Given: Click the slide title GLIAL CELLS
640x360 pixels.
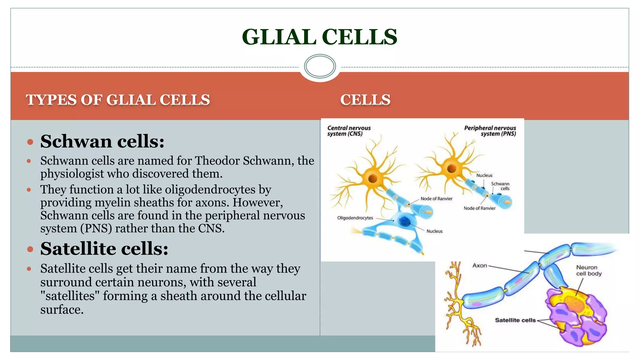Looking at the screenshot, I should (319, 37).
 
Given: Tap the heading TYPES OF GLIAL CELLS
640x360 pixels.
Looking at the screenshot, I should (118, 100).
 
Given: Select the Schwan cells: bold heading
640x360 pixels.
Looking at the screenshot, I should (102, 141).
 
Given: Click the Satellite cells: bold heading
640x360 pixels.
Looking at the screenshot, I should (104, 249).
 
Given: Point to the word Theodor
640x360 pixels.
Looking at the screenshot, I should (217, 161).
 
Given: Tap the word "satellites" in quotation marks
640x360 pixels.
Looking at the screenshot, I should (70, 296).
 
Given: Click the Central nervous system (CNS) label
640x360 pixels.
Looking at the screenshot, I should (349, 131).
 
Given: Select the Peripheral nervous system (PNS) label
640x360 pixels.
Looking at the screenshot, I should (490, 131).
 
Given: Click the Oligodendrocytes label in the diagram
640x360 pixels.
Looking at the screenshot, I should (355, 218).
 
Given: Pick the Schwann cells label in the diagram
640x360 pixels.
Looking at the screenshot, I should (501, 186).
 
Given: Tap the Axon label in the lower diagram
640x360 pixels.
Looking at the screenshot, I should (480, 266).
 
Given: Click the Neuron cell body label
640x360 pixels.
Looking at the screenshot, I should (589, 270).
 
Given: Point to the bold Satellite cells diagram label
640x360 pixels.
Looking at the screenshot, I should (515, 320).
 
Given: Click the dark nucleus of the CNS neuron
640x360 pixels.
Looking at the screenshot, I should (372, 178).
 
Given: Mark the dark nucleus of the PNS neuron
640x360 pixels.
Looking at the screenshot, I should (452, 169).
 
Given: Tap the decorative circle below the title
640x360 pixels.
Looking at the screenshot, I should (320, 66).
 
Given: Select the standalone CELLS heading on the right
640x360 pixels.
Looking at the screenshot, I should (365, 100).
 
